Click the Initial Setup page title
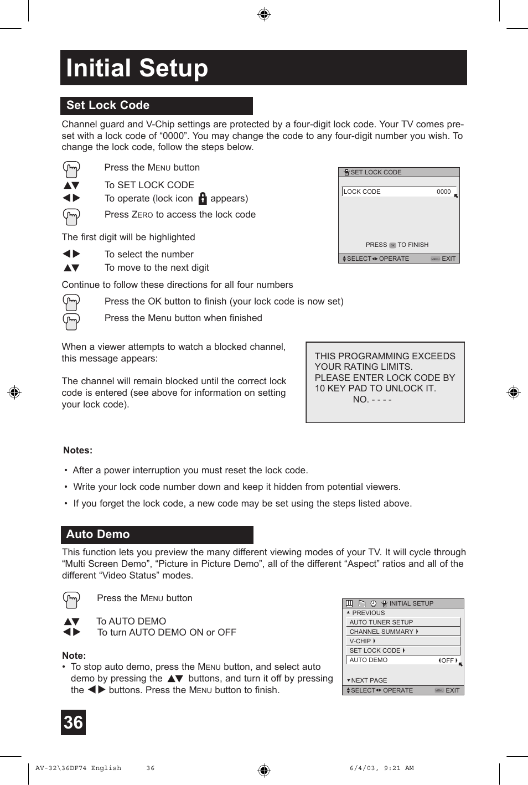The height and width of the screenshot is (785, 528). (x=137, y=68)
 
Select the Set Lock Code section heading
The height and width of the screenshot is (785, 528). (x=108, y=105)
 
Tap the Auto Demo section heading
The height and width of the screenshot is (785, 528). (x=98, y=534)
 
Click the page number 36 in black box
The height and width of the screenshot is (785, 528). (x=73, y=722)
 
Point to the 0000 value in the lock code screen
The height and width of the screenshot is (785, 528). (x=443, y=192)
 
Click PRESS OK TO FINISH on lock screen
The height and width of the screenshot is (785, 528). (x=397, y=245)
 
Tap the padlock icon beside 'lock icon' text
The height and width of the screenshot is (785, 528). (x=203, y=198)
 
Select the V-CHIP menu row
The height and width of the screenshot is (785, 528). (x=360, y=641)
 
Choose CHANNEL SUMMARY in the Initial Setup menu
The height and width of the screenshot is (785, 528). (x=382, y=632)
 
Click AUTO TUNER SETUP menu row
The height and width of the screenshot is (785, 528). (x=381, y=622)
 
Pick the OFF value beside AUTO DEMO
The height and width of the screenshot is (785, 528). (x=447, y=660)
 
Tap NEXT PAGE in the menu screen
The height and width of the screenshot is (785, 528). (x=369, y=680)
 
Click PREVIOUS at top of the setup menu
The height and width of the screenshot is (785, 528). (x=367, y=613)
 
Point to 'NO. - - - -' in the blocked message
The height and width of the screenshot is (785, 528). (x=372, y=400)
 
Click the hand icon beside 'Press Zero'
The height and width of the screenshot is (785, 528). (x=71, y=216)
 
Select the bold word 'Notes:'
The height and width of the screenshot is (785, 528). (x=77, y=451)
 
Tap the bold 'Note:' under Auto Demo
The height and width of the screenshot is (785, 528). (x=74, y=655)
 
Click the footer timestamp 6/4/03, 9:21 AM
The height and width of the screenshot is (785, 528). (x=381, y=768)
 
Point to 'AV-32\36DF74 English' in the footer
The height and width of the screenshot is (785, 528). (x=78, y=768)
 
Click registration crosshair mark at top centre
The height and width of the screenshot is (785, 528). (x=264, y=14)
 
